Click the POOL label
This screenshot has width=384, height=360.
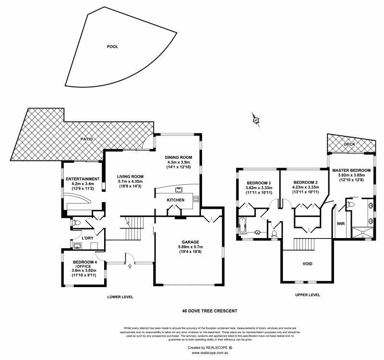pos(113,47)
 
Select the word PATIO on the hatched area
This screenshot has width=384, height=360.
pos(86,139)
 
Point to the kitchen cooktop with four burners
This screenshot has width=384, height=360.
pos(196,199)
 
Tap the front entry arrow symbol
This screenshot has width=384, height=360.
pos(129,267)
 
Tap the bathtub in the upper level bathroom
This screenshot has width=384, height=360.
pos(241,225)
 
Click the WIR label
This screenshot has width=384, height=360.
pos(341,224)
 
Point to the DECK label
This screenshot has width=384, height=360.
pos(350,143)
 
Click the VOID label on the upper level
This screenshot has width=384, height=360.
pos(307,264)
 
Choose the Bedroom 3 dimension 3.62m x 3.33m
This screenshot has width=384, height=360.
pos(259,188)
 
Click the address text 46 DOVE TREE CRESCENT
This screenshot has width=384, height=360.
pos(210,311)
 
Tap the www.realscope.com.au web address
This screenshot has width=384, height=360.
pos(210,352)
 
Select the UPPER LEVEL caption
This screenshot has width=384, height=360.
pos(308,295)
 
